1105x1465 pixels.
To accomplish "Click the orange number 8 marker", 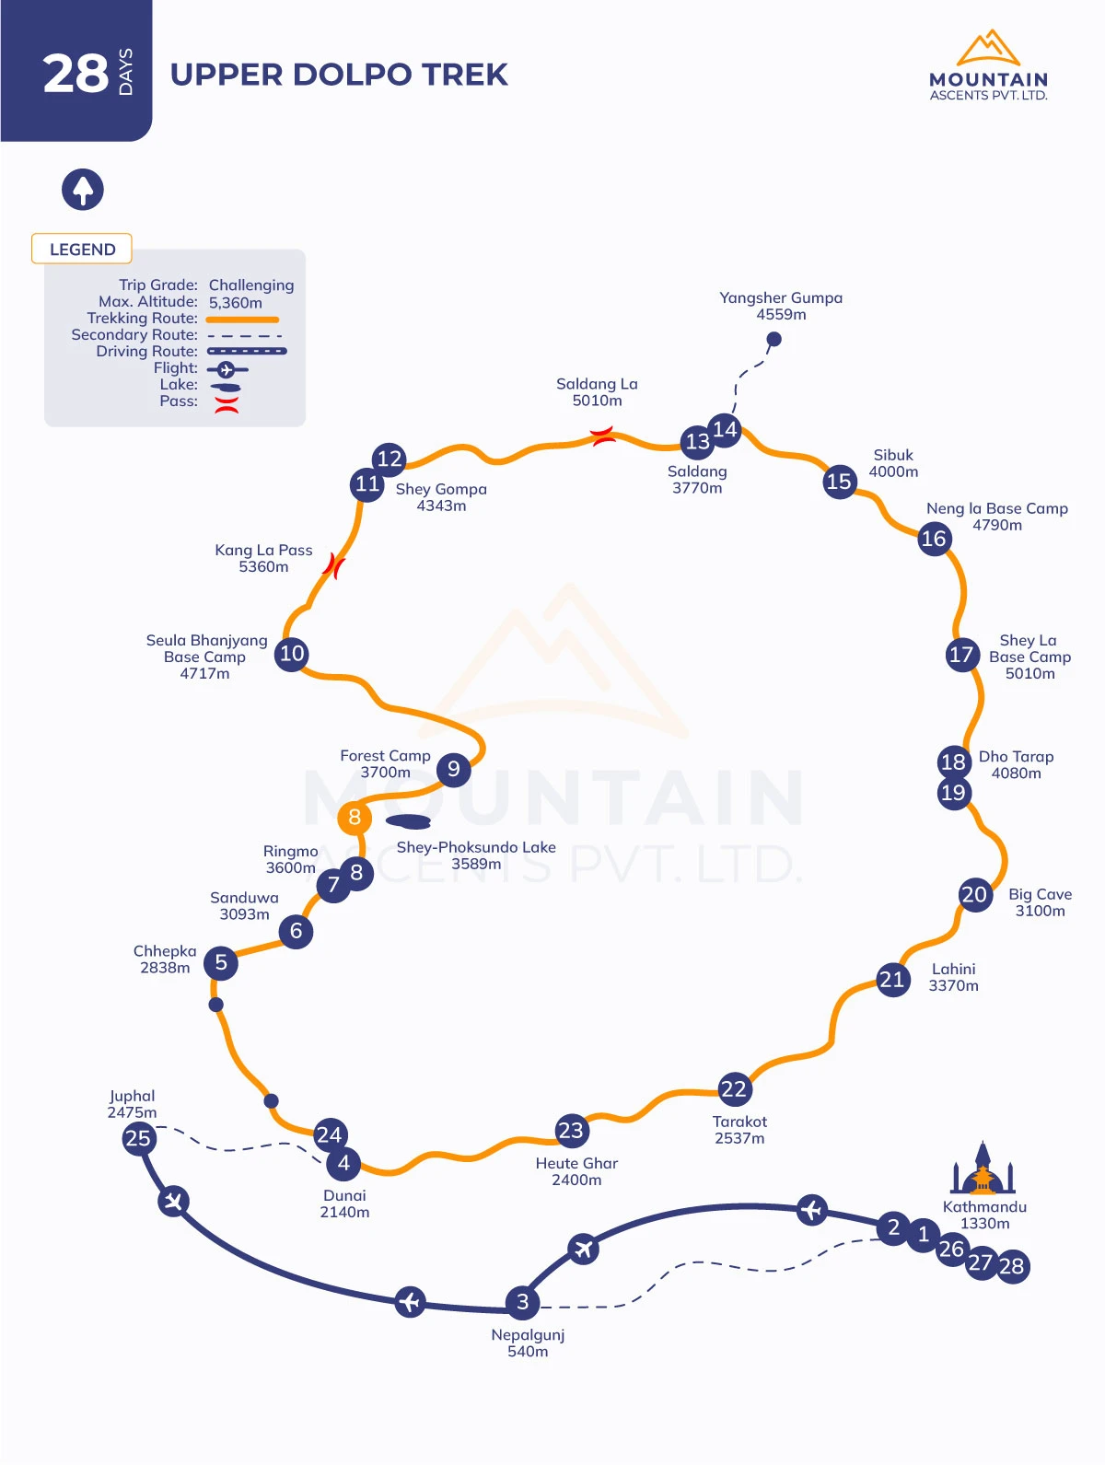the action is coord(355,817).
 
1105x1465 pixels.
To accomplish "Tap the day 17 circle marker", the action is coord(961,655).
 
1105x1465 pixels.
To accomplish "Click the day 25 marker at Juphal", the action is coord(139,1138).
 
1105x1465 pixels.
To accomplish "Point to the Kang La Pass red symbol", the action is coord(333,566).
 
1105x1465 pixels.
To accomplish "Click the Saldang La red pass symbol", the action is coord(602,436).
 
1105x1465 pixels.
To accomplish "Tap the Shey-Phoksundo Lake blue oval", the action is coord(408,821).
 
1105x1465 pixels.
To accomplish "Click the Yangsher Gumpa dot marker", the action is coord(774,339).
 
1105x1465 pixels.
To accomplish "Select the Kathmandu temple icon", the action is coord(983,1168).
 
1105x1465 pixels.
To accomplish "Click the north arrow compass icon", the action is coord(83,190).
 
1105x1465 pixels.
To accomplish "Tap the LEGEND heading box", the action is coord(81,249).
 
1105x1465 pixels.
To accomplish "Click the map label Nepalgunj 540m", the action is coord(528,1343).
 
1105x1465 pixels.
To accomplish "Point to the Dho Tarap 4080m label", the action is coord(1016,765).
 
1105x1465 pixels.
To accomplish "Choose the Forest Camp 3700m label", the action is coord(385,763).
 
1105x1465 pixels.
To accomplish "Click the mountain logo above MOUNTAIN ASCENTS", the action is coord(987,47).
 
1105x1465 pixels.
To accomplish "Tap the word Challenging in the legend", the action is coord(250,285).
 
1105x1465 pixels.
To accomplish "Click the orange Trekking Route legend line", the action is coord(243,320).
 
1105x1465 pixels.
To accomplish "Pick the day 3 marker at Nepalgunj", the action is coord(522,1302).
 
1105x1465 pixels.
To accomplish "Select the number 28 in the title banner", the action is coord(76,74).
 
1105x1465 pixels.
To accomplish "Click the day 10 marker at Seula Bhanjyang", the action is coord(292,654).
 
